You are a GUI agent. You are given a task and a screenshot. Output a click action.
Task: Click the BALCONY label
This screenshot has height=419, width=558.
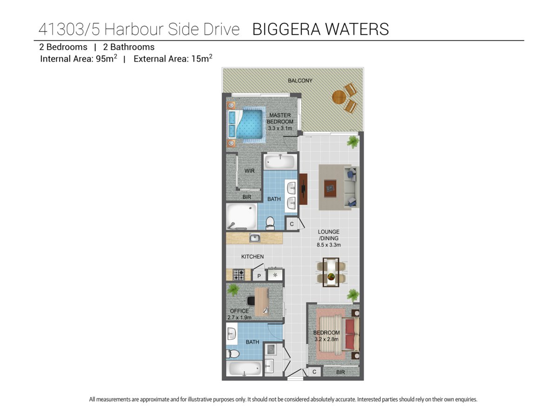[x=300, y=81]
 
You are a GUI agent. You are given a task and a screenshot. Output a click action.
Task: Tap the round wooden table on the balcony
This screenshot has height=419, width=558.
[x=339, y=97]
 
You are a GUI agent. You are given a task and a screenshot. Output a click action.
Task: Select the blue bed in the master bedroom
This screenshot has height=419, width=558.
[x=246, y=124]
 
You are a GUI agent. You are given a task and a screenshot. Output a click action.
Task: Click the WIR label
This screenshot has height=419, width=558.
[x=249, y=171]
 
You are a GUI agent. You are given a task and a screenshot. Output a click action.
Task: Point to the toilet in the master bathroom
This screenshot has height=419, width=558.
[x=270, y=223]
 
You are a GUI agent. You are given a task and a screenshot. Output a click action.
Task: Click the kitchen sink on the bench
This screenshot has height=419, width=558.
[x=254, y=238]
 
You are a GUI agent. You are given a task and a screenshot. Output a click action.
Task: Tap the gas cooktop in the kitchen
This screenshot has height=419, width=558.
[x=239, y=275]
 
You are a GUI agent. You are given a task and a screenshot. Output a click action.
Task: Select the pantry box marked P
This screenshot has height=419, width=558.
[x=259, y=276]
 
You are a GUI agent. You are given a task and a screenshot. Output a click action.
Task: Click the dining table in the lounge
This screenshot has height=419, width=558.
[x=331, y=272]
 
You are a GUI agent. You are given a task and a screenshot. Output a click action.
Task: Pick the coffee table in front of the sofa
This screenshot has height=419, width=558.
[x=331, y=189]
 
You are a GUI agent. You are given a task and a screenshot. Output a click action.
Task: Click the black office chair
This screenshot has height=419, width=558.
[x=251, y=301]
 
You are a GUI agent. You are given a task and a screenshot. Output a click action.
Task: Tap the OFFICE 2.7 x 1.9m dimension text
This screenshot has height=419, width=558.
[x=239, y=314]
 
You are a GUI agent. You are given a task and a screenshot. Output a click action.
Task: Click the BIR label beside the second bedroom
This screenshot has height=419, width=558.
[x=340, y=372]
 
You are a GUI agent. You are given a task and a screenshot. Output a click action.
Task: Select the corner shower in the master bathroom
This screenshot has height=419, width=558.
[x=241, y=217]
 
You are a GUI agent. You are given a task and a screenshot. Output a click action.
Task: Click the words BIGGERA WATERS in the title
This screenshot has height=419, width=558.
[x=320, y=29]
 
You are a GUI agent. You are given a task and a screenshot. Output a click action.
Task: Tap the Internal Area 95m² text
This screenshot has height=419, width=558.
[x=79, y=59]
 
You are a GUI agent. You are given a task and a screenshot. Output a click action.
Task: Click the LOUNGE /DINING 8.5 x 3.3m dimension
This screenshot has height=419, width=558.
[x=329, y=238]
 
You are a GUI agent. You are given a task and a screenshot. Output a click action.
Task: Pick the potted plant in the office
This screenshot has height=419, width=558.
[x=233, y=290]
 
